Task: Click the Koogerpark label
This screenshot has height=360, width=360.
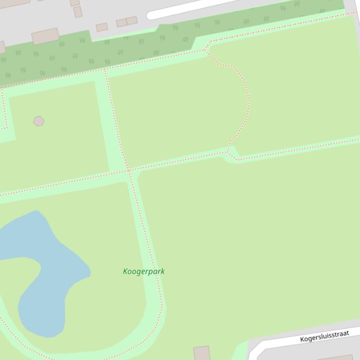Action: (144, 271)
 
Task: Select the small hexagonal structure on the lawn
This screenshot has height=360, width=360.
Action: (38, 121)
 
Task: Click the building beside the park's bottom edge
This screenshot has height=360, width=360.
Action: (202, 353)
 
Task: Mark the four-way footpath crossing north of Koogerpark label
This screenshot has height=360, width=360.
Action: (129, 170)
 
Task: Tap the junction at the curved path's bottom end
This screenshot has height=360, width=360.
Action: (228, 151)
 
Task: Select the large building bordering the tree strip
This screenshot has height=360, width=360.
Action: (45, 36)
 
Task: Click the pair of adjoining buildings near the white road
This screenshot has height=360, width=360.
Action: (127, 22)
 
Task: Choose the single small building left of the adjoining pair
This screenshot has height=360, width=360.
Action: (102, 27)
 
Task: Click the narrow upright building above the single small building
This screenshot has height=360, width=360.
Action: (78, 12)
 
